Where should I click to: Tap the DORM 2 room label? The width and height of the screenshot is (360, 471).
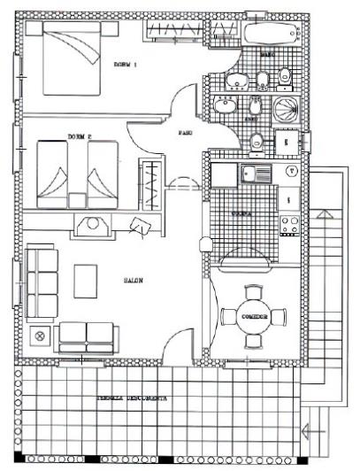80,137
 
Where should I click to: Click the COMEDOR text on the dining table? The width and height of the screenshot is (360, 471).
254,314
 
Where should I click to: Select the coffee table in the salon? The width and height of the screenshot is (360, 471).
87,282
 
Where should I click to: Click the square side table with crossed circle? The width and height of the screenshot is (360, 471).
39,336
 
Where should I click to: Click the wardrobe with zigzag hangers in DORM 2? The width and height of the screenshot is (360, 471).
152,183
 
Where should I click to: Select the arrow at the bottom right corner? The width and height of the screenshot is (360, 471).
307,432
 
